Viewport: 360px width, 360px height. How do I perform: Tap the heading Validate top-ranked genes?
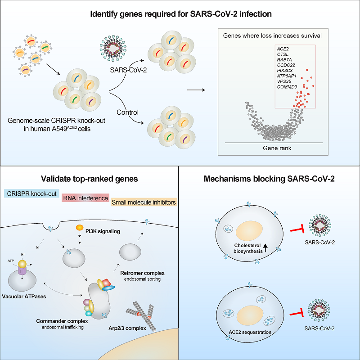[x=90, y=179]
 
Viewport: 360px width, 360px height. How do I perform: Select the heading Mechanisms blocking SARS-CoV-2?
[x=269, y=179]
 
